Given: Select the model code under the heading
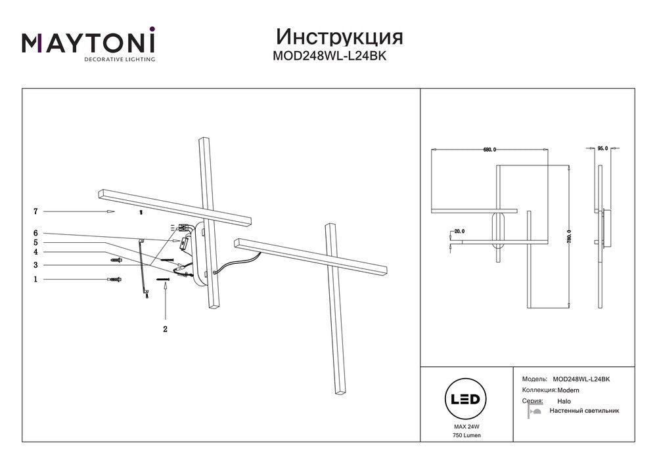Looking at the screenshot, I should point(329,56).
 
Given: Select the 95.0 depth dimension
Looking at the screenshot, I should point(602,149).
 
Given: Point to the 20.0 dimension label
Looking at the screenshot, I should point(459,231).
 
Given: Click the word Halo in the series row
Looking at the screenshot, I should point(564,400).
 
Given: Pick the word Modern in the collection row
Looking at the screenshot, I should point(569,390).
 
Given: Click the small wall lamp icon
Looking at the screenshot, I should point(534,411).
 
